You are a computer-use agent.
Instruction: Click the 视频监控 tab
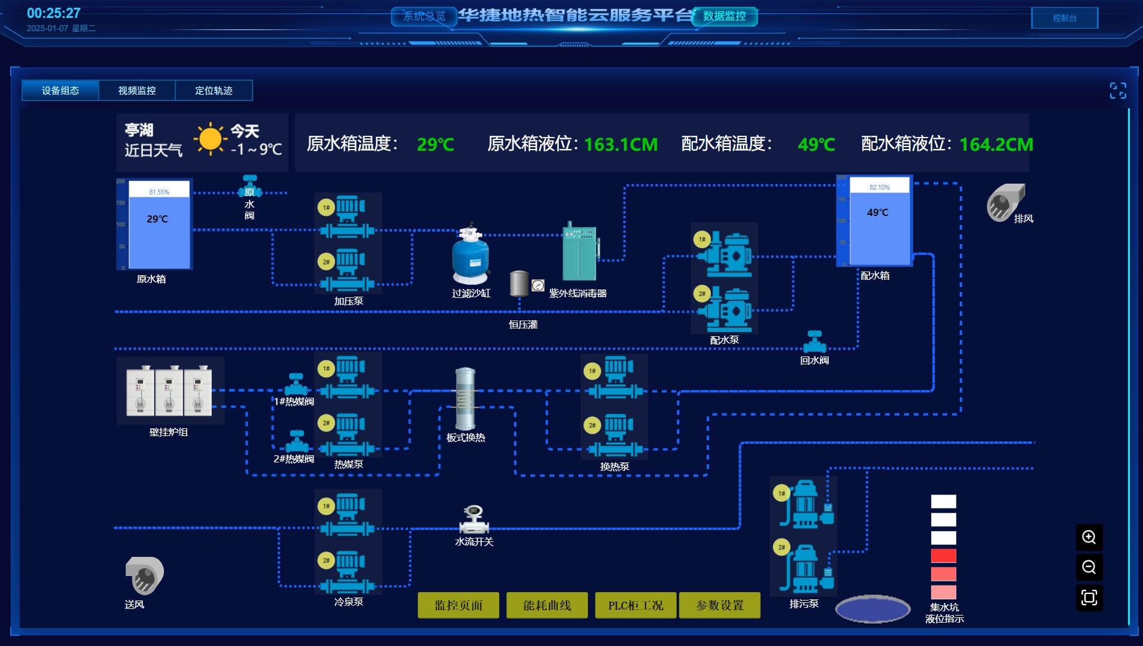(137, 90)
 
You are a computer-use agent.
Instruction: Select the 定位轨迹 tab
(214, 90)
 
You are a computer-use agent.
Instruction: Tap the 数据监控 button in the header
(724, 16)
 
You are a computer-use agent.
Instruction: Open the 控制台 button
(1064, 18)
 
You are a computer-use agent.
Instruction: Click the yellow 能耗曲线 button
(546, 605)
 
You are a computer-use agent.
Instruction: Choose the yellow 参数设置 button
(719, 605)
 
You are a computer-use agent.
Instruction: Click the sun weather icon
(210, 139)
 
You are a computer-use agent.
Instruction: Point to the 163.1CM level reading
(621, 144)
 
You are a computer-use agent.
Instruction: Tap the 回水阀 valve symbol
(814, 342)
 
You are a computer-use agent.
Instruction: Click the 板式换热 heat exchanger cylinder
(465, 398)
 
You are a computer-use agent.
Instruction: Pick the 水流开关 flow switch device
(474, 519)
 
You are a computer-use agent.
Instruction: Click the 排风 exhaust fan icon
(1005, 203)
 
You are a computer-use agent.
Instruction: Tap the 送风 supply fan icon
(144, 575)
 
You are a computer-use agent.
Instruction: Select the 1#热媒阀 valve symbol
(296, 384)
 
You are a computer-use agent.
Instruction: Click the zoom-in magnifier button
(1089, 537)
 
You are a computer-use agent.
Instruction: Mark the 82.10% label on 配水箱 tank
(879, 187)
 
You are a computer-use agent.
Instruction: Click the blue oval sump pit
(873, 609)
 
